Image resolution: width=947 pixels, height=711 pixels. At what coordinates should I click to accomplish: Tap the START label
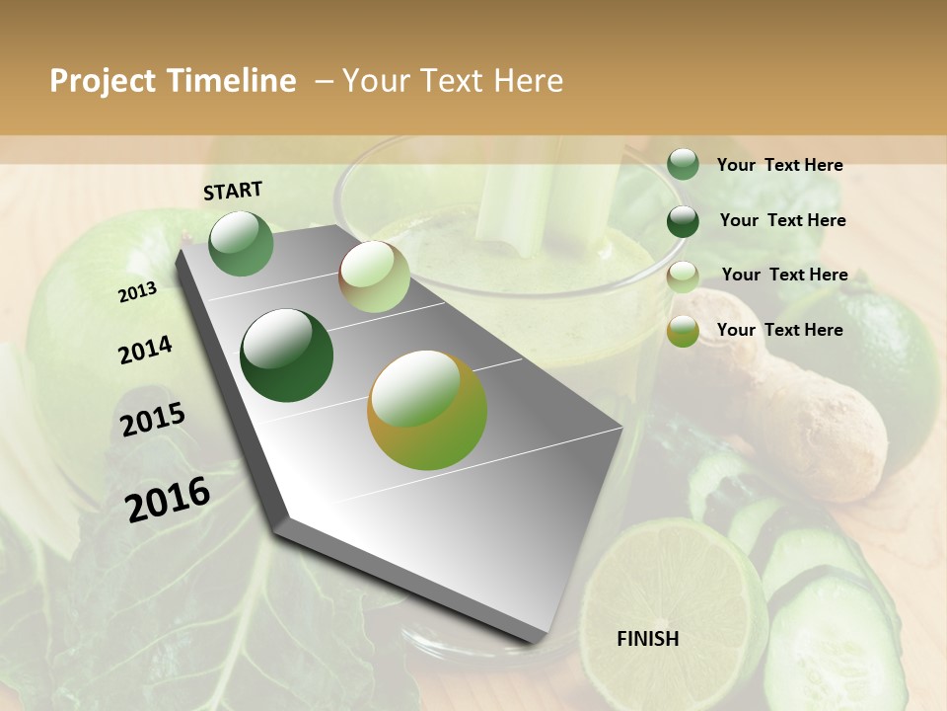233,191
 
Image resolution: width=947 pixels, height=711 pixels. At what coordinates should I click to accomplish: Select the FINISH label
648,639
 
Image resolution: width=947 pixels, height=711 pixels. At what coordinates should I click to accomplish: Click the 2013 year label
137,292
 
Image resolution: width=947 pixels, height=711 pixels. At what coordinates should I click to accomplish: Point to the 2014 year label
145,351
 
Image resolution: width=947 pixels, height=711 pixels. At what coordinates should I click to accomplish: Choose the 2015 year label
153,420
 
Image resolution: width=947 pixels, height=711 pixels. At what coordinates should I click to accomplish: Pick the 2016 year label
168,499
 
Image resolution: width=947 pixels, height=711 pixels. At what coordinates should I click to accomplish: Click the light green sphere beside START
241,243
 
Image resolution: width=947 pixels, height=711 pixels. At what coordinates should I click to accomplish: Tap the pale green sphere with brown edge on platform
374,276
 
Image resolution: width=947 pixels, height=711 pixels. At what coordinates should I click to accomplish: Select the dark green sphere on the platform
287,355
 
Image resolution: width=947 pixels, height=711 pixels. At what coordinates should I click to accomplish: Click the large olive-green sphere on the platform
427,410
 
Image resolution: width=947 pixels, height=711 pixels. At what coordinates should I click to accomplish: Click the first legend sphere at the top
683,164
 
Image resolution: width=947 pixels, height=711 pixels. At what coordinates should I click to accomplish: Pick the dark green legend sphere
683,220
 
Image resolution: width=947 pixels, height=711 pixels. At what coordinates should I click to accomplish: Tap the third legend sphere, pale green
683,276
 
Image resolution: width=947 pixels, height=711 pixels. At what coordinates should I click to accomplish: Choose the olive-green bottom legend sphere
683,331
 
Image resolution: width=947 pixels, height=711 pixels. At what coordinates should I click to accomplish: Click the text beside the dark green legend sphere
782,220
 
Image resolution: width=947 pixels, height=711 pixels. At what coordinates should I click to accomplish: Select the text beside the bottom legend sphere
779,330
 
